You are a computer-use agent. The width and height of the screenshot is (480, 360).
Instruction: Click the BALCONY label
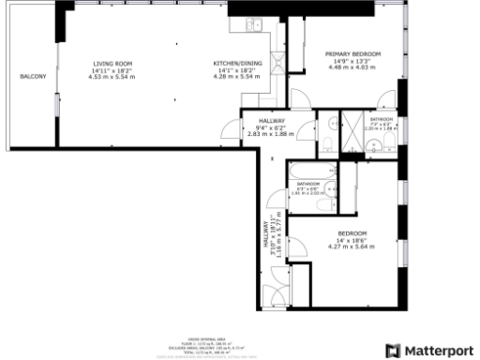[33, 75]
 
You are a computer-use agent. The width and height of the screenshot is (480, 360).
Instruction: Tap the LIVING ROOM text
[112, 64]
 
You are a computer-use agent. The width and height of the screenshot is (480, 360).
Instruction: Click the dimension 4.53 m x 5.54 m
[112, 77]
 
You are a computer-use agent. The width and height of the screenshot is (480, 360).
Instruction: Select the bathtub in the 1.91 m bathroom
[308, 171]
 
